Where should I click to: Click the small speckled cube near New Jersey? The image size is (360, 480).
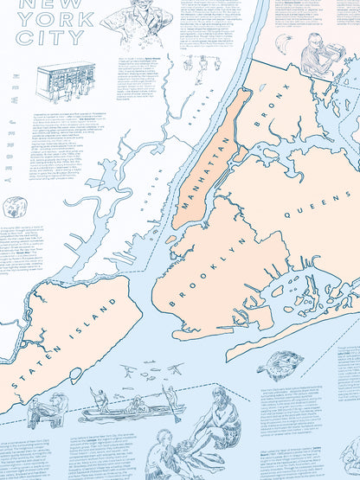point(15,207)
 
